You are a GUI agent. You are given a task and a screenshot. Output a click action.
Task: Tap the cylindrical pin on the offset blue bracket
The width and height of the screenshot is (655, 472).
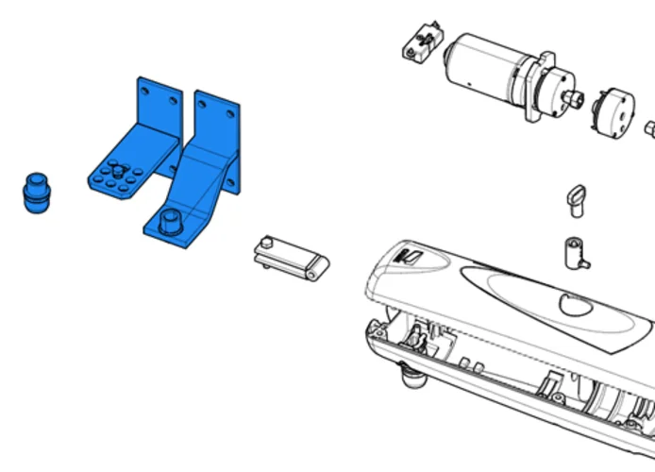pyautogui.click(x=171, y=221)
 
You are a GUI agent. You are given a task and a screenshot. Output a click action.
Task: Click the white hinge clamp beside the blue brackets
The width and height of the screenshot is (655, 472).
pyautogui.click(x=291, y=258)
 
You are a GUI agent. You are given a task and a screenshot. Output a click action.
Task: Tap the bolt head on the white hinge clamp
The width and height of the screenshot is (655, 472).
pyautogui.click(x=268, y=244)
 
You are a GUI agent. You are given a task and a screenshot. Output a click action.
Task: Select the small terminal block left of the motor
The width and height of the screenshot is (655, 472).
pyautogui.click(x=420, y=42)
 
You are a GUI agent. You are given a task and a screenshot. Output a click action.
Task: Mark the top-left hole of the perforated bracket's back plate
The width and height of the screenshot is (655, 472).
pyautogui.click(x=144, y=89)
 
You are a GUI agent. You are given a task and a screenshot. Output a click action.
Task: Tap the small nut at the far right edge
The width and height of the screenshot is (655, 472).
pyautogui.click(x=650, y=127)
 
